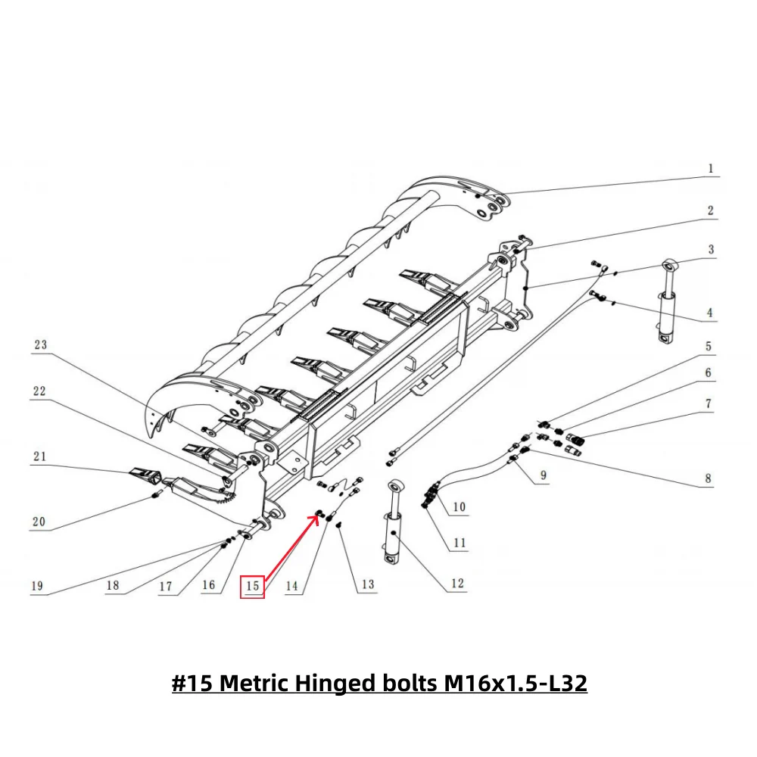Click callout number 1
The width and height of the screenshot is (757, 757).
[x=710, y=169]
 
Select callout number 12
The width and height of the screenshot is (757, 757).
[x=456, y=584]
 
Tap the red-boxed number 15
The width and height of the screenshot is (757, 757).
[x=253, y=586]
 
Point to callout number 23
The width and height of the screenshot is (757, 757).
[x=40, y=345]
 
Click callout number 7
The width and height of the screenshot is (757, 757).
[x=709, y=404]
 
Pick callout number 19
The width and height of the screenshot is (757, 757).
[x=36, y=586]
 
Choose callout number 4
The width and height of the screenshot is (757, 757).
[x=709, y=312]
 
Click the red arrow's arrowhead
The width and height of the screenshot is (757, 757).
[x=316, y=516]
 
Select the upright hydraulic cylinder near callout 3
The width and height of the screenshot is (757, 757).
[x=667, y=303]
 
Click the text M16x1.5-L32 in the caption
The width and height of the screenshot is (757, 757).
[x=516, y=684]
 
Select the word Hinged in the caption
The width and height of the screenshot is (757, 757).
[x=329, y=684]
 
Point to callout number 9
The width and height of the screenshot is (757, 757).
[x=543, y=477]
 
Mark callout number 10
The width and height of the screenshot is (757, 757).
[x=459, y=507]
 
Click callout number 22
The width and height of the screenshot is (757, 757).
[x=39, y=391]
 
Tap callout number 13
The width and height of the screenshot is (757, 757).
[x=368, y=584]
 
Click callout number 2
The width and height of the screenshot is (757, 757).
[x=710, y=210]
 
